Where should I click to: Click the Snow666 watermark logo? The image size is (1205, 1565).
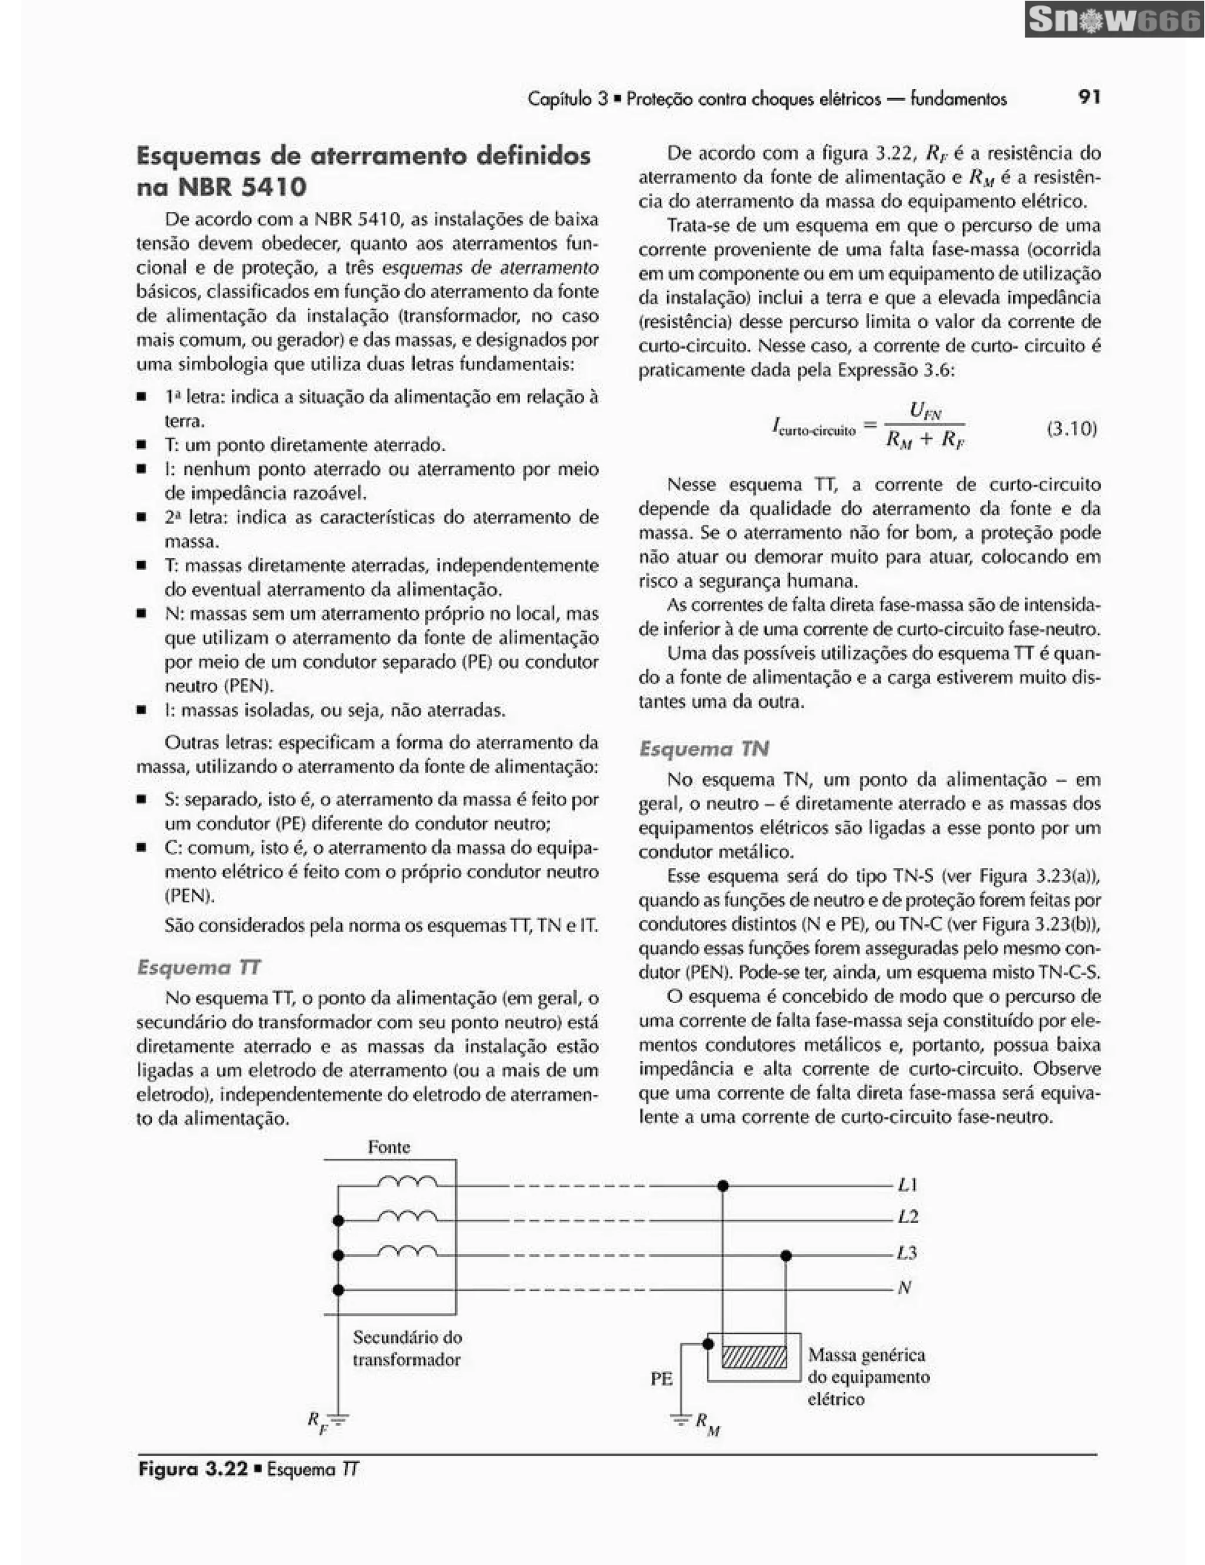click(x=1114, y=20)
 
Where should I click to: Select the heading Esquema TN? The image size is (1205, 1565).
click(x=704, y=749)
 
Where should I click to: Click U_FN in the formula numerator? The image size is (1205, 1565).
click(x=925, y=411)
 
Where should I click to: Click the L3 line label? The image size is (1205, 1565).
click(x=907, y=1253)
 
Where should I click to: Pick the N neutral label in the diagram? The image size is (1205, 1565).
click(x=904, y=1288)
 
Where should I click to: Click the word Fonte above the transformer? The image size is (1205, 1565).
click(x=389, y=1147)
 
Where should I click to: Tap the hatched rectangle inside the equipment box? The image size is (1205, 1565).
click(x=754, y=1357)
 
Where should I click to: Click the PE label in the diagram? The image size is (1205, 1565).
click(x=661, y=1378)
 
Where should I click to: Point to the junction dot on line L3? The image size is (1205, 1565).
click(x=786, y=1256)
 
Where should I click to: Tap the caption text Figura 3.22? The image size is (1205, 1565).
click(x=192, y=1470)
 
